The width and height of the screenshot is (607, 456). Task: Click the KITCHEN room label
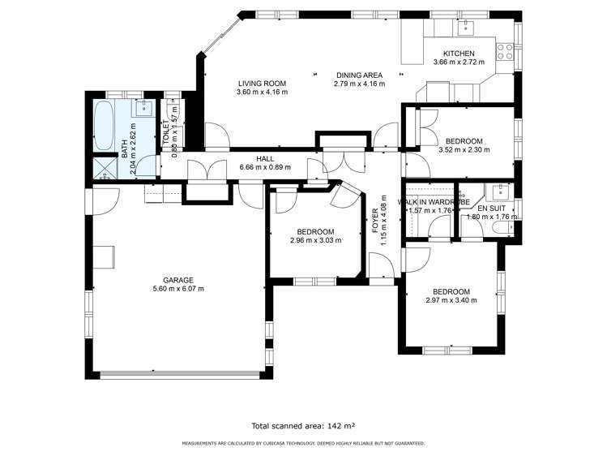458,54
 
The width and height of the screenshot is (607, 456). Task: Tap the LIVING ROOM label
262,83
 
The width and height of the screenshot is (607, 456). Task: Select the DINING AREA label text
359,75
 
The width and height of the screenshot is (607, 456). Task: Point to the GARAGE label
177,280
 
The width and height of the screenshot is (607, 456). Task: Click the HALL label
265,158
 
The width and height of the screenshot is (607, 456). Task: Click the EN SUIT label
490,209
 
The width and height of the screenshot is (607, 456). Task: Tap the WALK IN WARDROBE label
429,201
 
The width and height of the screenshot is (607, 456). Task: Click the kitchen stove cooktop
504,52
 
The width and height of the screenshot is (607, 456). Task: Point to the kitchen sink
466,27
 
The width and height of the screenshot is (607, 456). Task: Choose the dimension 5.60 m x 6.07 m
177,289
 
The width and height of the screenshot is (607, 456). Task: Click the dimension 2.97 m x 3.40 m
451,300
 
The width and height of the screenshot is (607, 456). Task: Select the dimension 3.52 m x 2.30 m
464,149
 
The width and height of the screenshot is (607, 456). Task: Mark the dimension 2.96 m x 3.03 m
315,239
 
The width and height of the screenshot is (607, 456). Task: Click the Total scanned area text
303,424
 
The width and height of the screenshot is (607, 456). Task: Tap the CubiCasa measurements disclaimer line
303,443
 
